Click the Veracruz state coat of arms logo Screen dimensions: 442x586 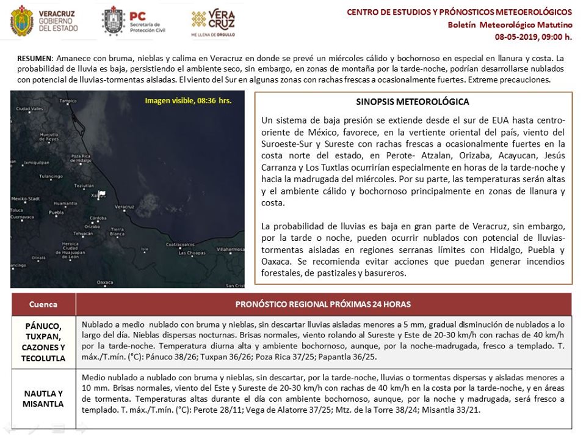point(21,20)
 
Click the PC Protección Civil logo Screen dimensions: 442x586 point(114,21)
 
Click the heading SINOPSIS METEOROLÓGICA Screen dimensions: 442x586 point(413,101)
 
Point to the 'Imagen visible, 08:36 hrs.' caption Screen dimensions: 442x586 point(188,101)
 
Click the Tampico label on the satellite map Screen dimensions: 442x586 point(67,101)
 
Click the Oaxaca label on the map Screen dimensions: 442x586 point(105,282)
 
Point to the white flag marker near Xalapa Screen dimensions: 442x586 point(101,194)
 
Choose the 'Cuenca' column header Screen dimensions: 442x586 point(43,304)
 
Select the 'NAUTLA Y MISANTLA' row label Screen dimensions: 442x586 point(43,399)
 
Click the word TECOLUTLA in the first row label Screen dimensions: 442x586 point(43,358)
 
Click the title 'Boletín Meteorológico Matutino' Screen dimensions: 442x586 point(510,25)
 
